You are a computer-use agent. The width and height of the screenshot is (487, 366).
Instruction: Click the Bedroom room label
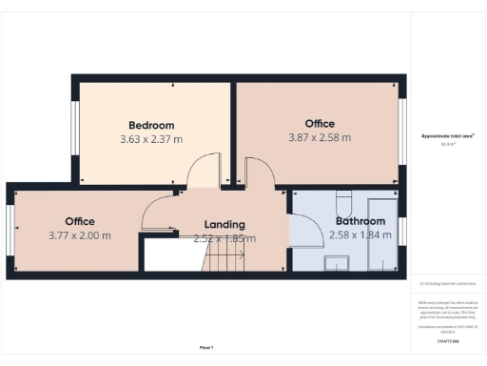tap(151, 125)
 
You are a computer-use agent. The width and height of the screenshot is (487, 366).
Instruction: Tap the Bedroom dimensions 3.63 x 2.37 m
tap(151, 139)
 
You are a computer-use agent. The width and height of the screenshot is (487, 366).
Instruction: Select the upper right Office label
tap(320, 124)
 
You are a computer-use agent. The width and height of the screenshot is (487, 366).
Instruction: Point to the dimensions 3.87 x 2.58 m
tap(320, 138)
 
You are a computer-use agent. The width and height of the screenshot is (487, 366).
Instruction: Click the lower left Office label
tap(80, 221)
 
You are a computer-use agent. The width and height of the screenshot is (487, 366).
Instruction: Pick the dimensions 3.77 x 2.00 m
tap(80, 235)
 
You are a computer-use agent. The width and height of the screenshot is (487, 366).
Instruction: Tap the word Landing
tap(224, 225)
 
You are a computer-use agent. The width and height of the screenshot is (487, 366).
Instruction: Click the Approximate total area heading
tap(446, 136)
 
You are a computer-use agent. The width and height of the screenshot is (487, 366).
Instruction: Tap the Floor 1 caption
tap(206, 347)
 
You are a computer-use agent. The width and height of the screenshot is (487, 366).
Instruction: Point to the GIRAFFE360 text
tap(446, 339)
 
